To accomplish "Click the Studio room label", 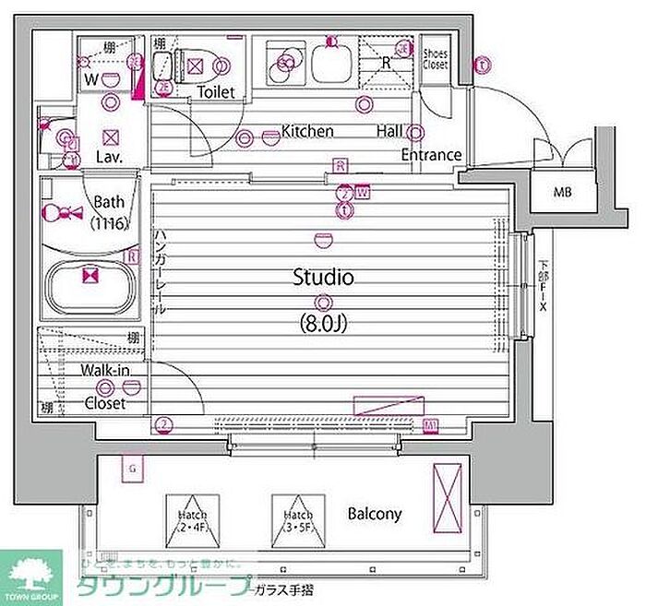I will pyautogui.click(x=324, y=276).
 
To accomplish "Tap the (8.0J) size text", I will pyautogui.click(x=324, y=324).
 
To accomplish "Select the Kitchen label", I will pyautogui.click(x=307, y=131).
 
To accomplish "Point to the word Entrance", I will pyautogui.click(x=430, y=154).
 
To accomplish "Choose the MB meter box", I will pyautogui.click(x=562, y=193).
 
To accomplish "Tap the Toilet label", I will pyautogui.click(x=216, y=91).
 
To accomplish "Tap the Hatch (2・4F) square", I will pyautogui.click(x=193, y=520).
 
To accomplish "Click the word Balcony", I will pyautogui.click(x=375, y=514).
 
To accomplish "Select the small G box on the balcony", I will pyautogui.click(x=133, y=469).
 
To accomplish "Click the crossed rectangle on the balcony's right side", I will pyautogui.click(x=448, y=494).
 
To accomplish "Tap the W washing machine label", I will pyautogui.click(x=90, y=79).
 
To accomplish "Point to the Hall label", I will pyautogui.click(x=389, y=131).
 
